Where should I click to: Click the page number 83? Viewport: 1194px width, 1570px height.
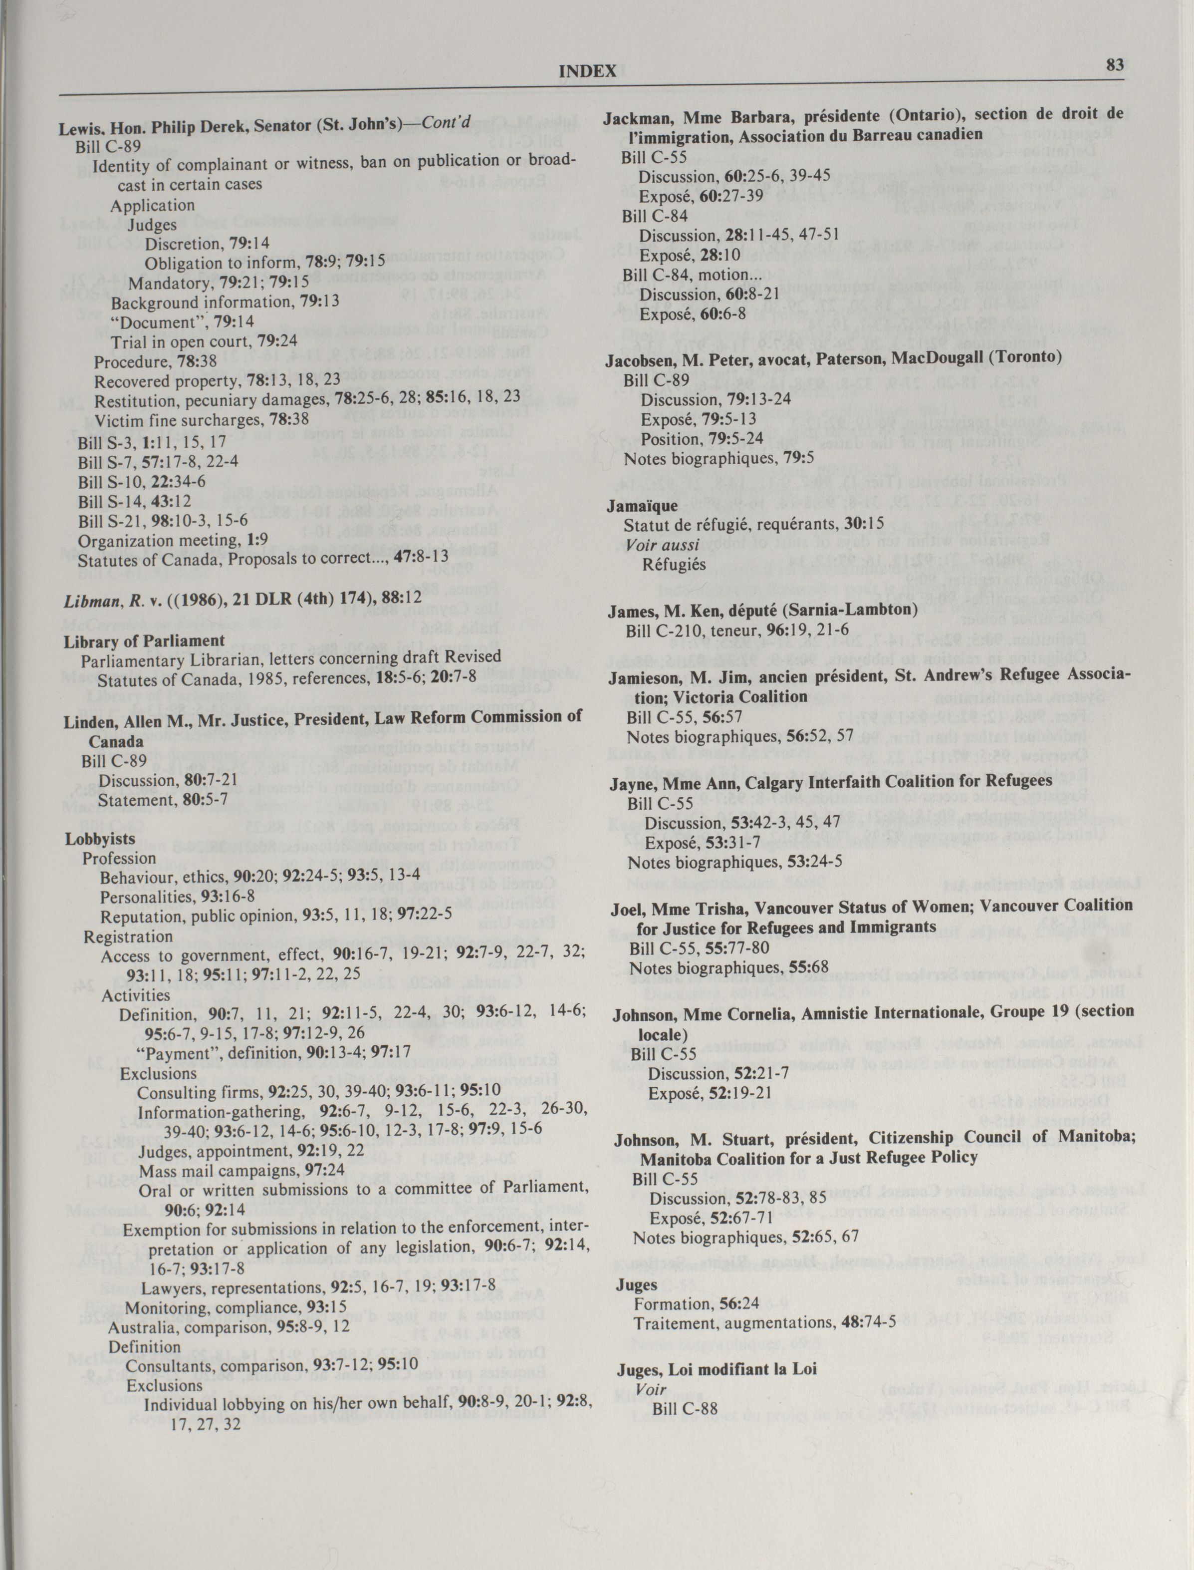[x=1114, y=65]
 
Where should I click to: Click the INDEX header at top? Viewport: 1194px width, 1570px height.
[x=587, y=71]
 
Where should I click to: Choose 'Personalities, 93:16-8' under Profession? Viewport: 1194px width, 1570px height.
[x=177, y=897]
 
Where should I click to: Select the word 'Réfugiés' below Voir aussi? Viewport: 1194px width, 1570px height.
[x=674, y=565]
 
